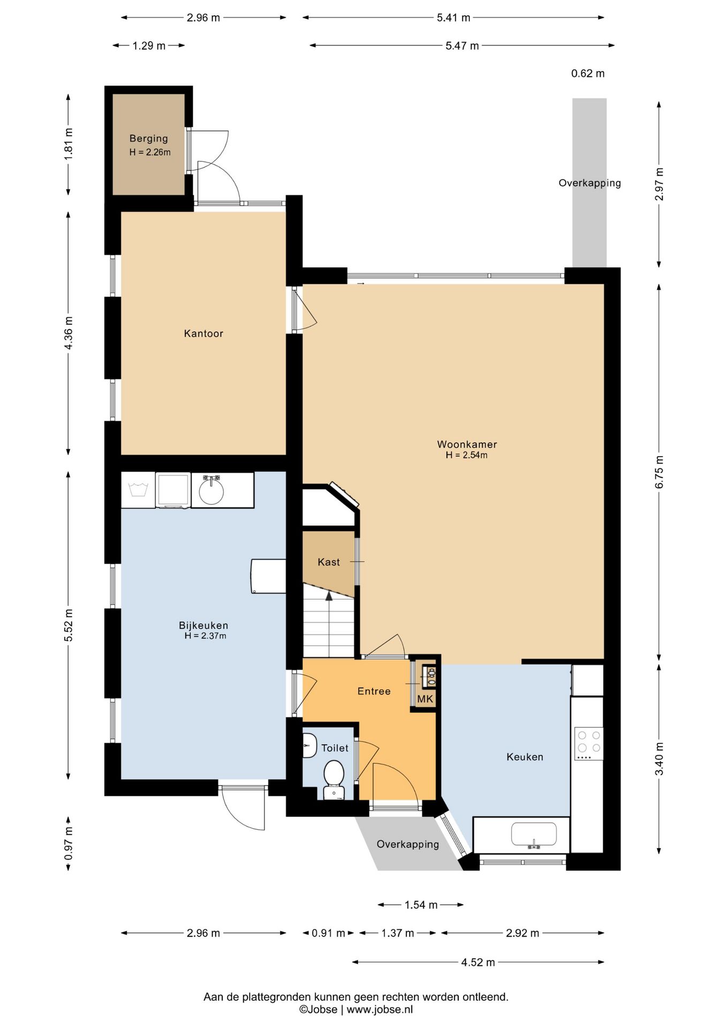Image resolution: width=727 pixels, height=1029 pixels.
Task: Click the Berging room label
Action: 149,139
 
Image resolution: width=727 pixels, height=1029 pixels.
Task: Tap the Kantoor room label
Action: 203,333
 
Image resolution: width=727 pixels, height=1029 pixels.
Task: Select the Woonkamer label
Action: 467,444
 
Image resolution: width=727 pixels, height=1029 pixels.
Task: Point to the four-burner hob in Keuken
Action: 588,743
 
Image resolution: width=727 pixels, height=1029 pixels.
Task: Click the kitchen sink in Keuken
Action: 534,835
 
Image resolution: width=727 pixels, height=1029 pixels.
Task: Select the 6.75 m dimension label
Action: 659,472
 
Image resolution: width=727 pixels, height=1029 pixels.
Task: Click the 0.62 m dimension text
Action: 588,73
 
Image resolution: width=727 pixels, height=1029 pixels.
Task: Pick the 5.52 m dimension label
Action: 69,625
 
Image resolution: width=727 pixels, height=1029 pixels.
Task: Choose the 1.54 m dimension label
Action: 421,905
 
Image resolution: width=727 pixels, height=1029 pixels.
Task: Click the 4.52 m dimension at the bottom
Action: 478,962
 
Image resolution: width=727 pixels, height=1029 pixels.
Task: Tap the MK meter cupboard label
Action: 425,699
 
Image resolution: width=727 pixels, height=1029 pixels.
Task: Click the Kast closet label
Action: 329,562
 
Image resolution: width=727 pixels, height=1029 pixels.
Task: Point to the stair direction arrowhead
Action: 329,595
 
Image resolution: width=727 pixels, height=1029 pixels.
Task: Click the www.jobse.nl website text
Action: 380,1010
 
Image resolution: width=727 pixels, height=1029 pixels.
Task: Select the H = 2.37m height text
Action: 206,636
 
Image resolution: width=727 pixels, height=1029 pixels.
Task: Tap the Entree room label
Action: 374,691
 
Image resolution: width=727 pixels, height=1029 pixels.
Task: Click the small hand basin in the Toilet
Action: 309,745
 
